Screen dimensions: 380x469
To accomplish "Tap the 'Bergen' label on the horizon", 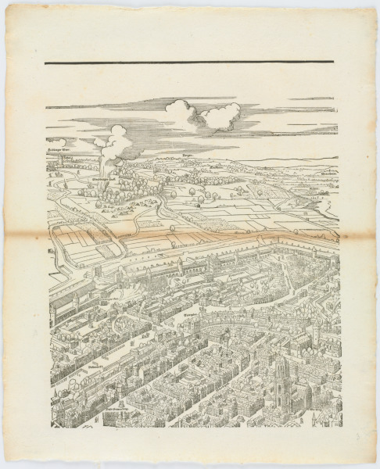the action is pyautogui.click(x=187, y=159).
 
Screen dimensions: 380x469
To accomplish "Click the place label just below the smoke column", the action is pyautogui.click(x=105, y=181).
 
